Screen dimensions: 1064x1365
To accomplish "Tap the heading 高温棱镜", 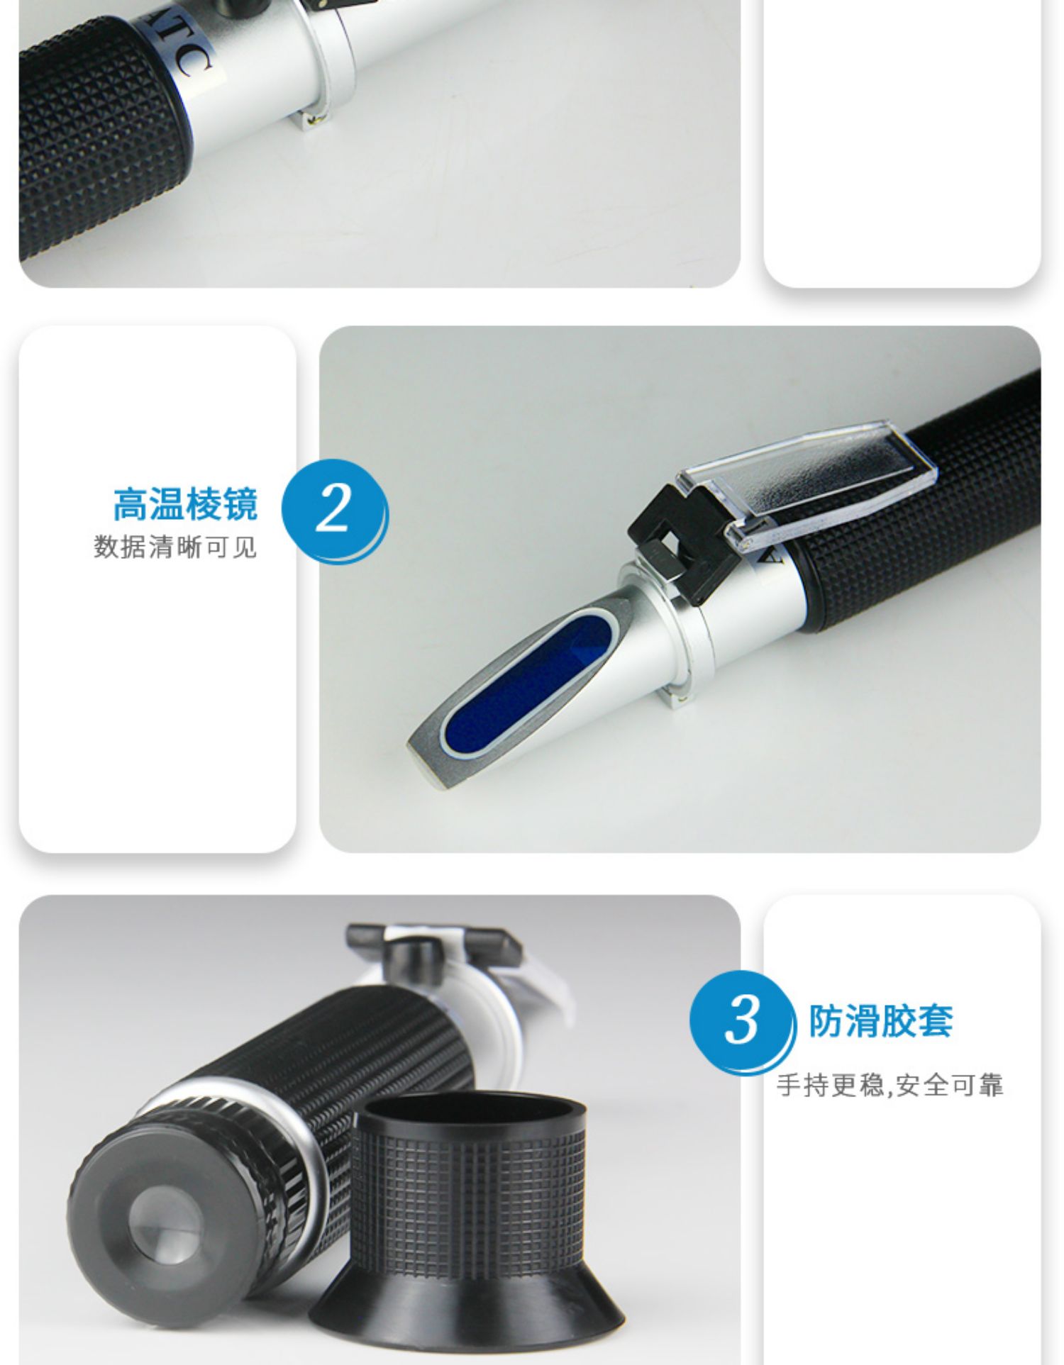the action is coord(185,504).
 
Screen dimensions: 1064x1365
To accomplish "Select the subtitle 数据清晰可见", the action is coord(175,547).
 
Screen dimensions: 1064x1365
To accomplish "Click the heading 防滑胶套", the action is coord(881,1021).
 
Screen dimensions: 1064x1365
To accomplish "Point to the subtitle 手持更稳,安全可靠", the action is coord(890,1086).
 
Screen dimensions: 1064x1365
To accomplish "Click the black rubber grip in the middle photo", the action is coord(922,511).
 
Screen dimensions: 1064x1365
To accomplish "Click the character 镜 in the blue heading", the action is coord(240,504).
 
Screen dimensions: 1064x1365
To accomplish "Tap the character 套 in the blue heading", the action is coord(936,1021).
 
